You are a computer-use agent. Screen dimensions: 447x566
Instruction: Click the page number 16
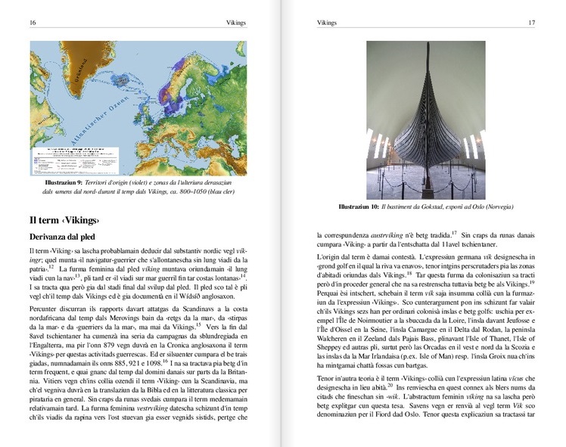[32, 23]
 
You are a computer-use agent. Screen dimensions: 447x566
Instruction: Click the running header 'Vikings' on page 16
[236, 23]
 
